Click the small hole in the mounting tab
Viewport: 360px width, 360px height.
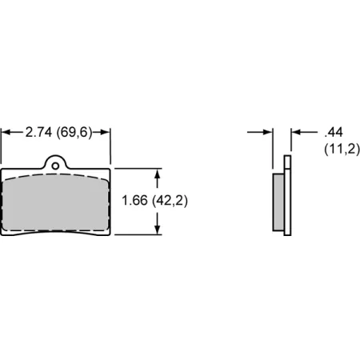coord(55,166)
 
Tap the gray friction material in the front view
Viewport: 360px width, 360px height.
coord(55,202)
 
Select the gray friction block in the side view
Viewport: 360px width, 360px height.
coord(278,202)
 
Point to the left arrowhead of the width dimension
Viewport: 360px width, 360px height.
coord(6,132)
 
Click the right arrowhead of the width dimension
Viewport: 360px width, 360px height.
coord(106,132)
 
